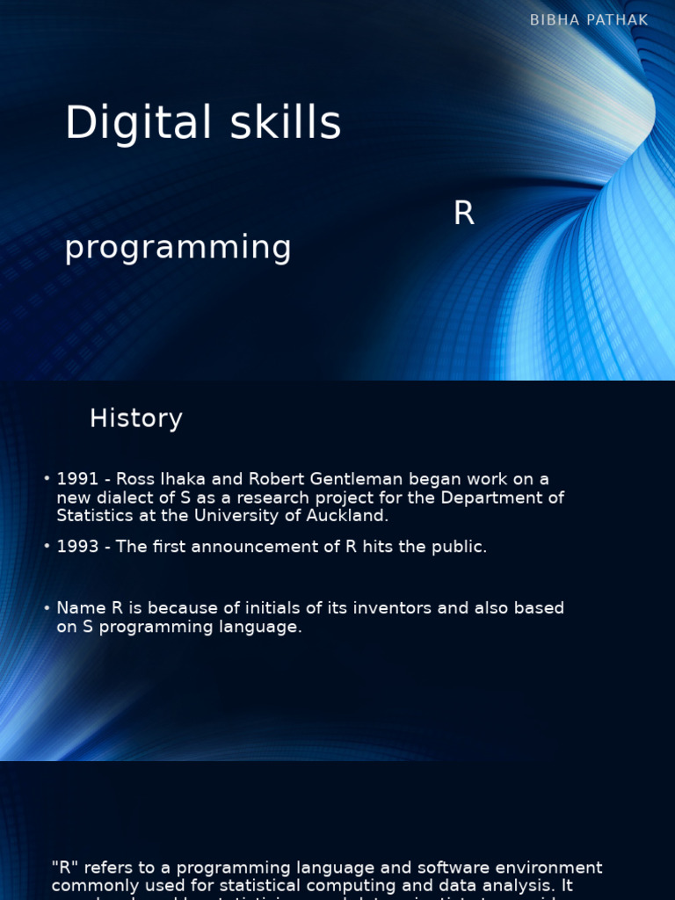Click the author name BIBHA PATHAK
589,20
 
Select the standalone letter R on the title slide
463,214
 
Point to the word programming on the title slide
178,248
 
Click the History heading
135,418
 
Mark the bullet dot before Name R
47,608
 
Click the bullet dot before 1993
47,547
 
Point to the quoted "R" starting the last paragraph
64,868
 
